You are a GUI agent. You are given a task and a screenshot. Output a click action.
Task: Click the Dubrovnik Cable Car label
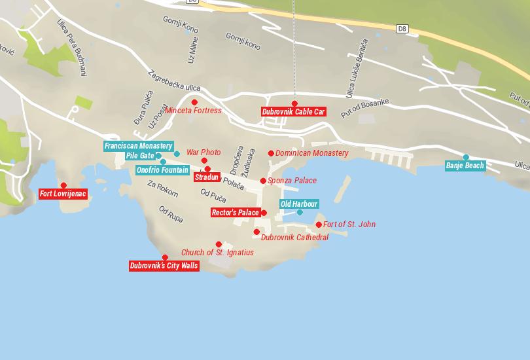pyautogui.click(x=293, y=112)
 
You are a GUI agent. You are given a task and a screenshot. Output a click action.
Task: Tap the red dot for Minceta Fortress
pyautogui.click(x=194, y=102)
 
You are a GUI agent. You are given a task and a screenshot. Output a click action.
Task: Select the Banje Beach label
pyautogui.click(x=465, y=166)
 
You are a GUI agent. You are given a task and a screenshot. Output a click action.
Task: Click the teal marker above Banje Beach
pyautogui.click(x=466, y=157)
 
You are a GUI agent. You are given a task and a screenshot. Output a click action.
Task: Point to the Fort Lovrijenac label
pyautogui.click(x=63, y=194)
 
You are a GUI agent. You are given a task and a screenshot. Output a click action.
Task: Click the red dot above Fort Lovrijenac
pyautogui.click(x=63, y=185)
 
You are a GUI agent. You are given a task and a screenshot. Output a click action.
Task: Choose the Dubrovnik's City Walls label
pyautogui.click(x=164, y=266)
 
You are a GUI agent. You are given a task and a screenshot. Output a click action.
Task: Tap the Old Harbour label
pyautogui.click(x=299, y=204)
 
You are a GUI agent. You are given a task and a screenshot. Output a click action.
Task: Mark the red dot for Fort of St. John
pyautogui.click(x=319, y=225)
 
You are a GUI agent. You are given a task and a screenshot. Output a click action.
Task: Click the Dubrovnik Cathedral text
pyautogui.click(x=294, y=238)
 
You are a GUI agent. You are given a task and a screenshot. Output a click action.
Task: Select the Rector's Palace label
pyautogui.click(x=236, y=213)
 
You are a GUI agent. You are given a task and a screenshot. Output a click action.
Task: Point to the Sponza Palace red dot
pyautogui.click(x=263, y=181)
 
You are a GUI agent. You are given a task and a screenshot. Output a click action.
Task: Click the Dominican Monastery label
pyautogui.click(x=311, y=153)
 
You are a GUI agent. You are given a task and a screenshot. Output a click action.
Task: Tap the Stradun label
pyautogui.click(x=207, y=177)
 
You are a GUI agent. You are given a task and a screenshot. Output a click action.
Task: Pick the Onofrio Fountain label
pyautogui.click(x=162, y=170)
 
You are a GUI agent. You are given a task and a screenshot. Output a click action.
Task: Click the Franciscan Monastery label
pyautogui.click(x=138, y=146)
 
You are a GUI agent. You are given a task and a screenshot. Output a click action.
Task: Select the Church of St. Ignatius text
pyautogui.click(x=217, y=253)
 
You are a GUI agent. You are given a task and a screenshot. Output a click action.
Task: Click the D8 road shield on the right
pyautogui.click(x=402, y=28)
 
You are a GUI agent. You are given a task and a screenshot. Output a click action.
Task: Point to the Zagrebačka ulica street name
pyautogui.click(x=174, y=82)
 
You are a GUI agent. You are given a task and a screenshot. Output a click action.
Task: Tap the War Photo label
pyautogui.click(x=203, y=153)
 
